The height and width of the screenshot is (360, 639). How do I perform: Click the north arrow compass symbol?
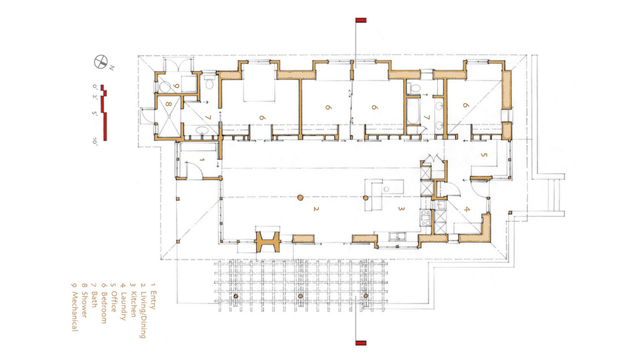(x=100, y=61)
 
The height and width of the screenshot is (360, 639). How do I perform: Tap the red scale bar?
(x=105, y=113)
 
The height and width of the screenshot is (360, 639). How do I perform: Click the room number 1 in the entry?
(x=202, y=159)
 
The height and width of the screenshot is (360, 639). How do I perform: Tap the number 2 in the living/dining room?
(x=316, y=208)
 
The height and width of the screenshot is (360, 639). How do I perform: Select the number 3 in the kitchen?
(x=401, y=208)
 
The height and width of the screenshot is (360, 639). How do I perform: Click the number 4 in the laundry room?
(x=467, y=210)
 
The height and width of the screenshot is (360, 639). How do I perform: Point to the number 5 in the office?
(x=484, y=155)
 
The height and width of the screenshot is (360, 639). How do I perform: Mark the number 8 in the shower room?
(x=168, y=104)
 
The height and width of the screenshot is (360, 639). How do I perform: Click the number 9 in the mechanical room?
(x=176, y=86)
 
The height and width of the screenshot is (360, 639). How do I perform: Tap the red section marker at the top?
(x=361, y=20)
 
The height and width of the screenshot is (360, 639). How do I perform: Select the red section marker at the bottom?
(x=361, y=343)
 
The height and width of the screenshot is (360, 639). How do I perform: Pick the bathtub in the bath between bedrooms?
(x=413, y=111)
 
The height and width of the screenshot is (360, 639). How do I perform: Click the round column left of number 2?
(x=300, y=198)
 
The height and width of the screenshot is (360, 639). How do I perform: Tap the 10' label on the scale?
(x=95, y=141)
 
